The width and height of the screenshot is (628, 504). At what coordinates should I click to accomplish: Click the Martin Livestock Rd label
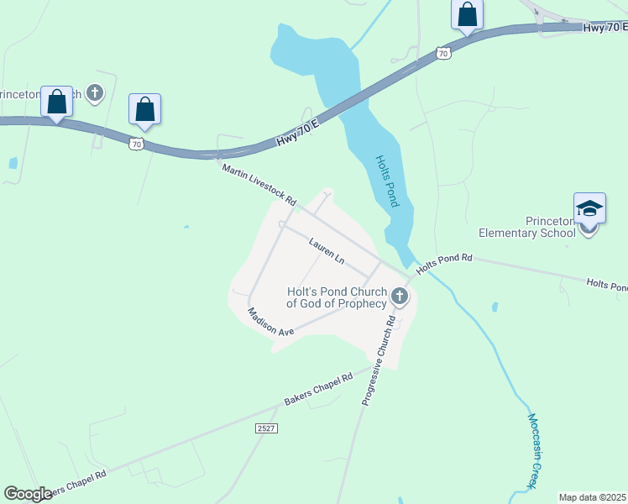click(259, 186)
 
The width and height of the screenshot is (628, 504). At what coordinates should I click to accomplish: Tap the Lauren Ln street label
click(327, 251)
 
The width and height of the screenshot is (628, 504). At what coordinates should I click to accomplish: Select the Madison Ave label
click(270, 323)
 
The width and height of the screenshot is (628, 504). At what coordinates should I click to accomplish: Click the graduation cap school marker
click(589, 208)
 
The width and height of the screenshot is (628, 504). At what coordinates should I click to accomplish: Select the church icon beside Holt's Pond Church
click(399, 296)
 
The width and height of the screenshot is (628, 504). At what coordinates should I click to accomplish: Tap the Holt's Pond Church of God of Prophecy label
click(336, 297)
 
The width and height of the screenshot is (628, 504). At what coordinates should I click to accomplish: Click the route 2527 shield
click(266, 428)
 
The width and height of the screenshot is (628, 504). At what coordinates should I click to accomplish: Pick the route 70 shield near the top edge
click(443, 53)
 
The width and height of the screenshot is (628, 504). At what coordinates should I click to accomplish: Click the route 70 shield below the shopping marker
click(137, 144)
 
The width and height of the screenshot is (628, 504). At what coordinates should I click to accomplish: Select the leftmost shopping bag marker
click(56, 102)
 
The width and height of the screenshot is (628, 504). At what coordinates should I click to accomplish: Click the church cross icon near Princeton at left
click(95, 92)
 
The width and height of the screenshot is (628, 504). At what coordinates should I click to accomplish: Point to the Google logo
click(28, 494)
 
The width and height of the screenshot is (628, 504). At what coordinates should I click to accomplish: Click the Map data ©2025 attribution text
click(592, 497)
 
